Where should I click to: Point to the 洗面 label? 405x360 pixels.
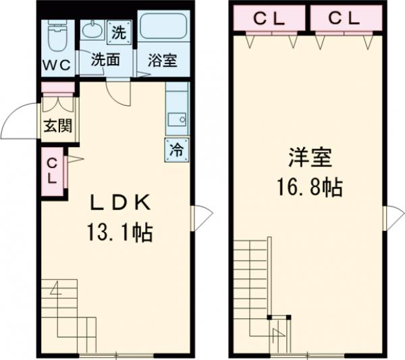[106, 59]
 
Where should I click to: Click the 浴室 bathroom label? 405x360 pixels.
[163, 59]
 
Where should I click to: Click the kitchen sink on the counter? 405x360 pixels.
[178, 121]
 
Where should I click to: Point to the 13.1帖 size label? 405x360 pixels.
[119, 233]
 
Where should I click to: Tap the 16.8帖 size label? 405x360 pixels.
[308, 187]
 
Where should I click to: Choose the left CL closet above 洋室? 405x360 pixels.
[269, 18]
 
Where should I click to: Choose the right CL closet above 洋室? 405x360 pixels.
[345, 18]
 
